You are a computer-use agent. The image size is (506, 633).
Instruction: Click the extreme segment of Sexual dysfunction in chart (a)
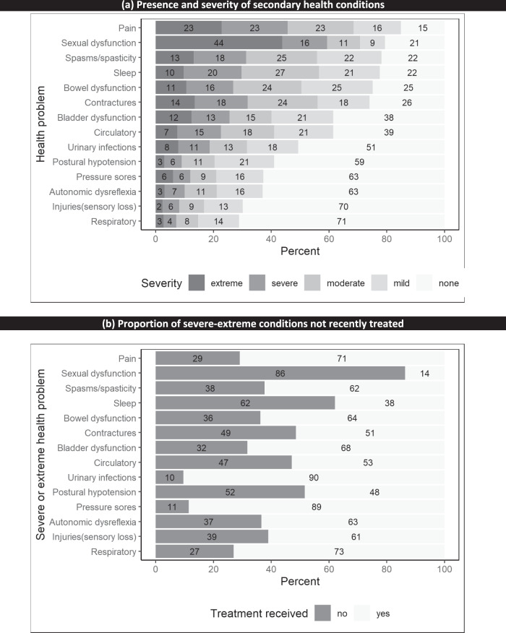click(x=218, y=43)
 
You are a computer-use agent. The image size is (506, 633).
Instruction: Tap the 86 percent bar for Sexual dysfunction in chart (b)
click(x=280, y=373)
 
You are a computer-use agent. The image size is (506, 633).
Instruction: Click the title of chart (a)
click(x=252, y=6)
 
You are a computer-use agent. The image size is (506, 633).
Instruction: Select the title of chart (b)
click(x=252, y=323)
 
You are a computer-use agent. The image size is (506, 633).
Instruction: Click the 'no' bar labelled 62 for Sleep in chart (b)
click(x=245, y=402)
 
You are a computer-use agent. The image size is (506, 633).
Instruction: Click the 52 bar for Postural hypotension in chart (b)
click(x=230, y=493)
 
